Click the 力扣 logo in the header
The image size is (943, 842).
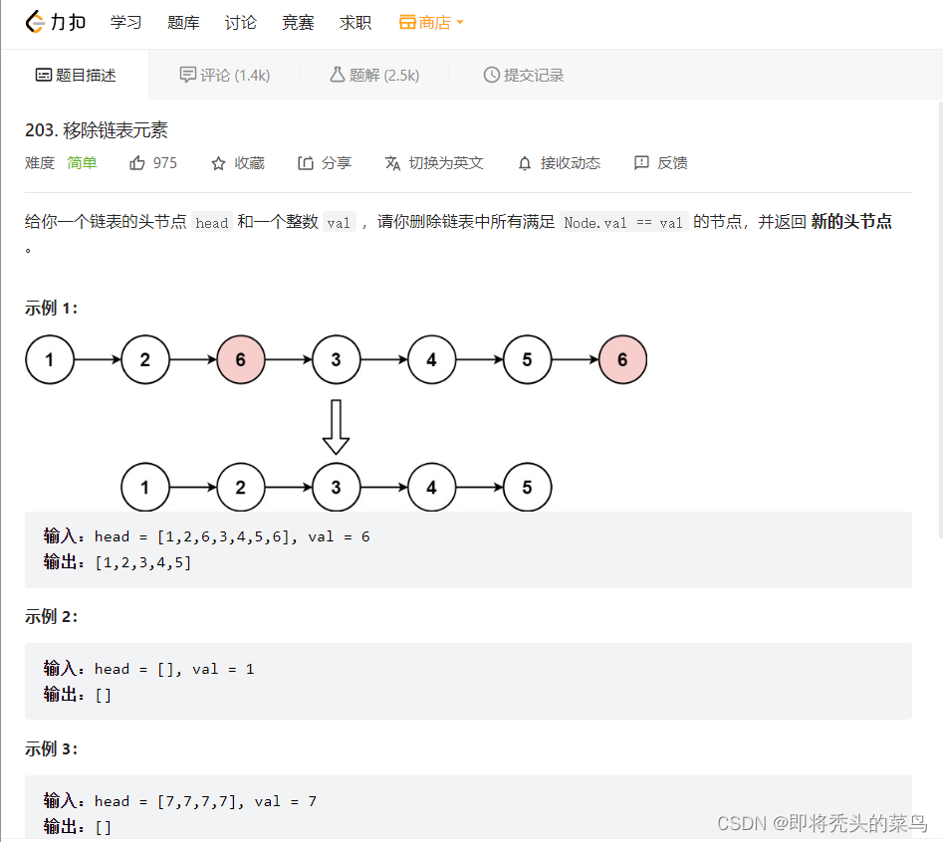point(56,22)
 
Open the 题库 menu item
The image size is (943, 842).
point(183,22)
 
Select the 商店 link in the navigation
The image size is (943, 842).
point(432,22)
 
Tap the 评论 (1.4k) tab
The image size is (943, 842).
point(224,75)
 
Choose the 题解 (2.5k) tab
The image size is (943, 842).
point(374,75)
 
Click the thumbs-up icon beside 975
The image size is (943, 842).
point(137,163)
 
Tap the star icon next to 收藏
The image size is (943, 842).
point(219,163)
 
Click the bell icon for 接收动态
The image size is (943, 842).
point(525,163)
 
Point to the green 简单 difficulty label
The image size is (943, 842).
point(82,163)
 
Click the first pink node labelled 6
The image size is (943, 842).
point(241,359)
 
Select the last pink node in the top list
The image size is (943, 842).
point(622,359)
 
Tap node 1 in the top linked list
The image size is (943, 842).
point(50,359)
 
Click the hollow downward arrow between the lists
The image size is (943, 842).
point(337,426)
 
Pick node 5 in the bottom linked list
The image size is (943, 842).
point(527,488)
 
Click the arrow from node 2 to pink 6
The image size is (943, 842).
point(193,359)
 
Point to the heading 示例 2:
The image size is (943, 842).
point(52,616)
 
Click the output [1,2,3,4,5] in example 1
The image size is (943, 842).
point(142,562)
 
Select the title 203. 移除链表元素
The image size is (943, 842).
point(97,130)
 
